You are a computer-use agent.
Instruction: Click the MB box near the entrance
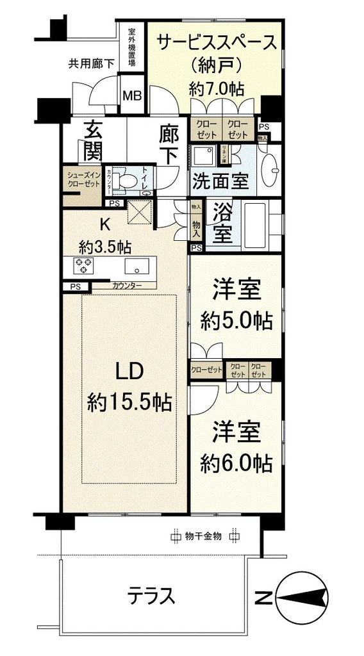[x=133, y=96]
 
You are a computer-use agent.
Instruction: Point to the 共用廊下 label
[x=92, y=63]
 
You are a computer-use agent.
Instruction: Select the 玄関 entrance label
[x=93, y=141]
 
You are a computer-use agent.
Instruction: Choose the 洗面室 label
[x=220, y=181]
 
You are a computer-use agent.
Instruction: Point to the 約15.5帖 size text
[x=128, y=403]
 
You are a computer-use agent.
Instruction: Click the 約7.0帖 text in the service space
[x=216, y=89]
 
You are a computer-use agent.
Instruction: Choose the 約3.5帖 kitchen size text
[x=106, y=247]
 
